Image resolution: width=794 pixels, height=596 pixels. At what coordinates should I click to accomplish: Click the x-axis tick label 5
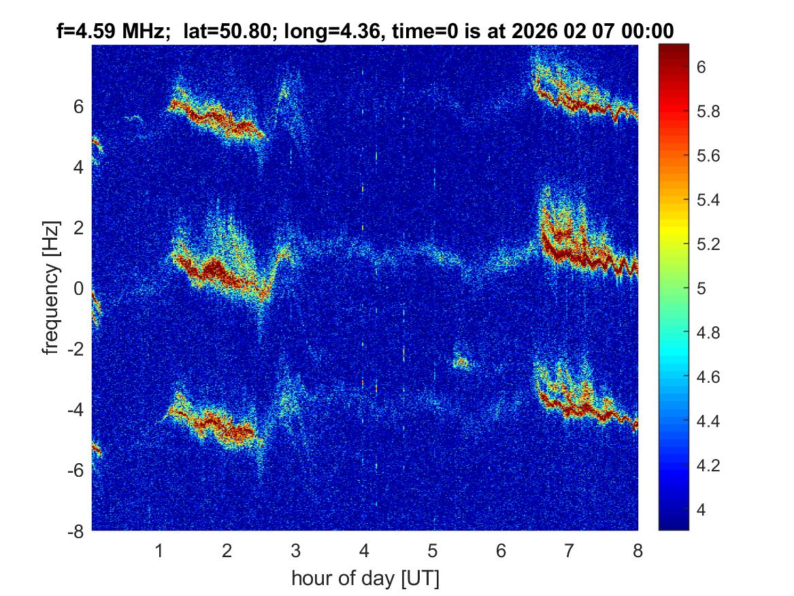tap(432, 550)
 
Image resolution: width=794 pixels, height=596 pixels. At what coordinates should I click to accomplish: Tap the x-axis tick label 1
tap(159, 550)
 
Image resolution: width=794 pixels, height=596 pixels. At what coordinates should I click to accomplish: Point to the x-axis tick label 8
tap(638, 550)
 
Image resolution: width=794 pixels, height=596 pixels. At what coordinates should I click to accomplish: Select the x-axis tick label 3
tap(295, 550)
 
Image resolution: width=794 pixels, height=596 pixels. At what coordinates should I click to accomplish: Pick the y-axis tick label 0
tap(78, 288)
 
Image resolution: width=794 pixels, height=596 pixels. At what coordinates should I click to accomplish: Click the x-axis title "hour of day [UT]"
tap(365, 578)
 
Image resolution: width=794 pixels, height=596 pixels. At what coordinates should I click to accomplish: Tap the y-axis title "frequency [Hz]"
tap(51, 287)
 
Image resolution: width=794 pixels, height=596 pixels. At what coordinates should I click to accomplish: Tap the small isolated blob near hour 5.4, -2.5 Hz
tap(462, 362)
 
